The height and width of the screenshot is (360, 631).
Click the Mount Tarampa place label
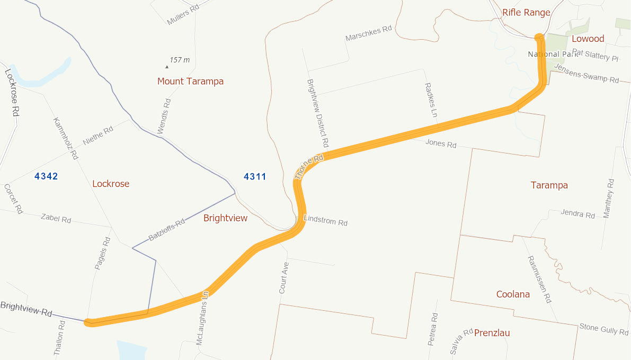190,82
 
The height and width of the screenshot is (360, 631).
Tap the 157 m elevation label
180,60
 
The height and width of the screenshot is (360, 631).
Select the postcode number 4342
46,176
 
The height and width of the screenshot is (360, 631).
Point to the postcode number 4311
255,177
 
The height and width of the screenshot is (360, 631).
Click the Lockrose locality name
111,184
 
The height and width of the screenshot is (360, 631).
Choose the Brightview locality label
225,218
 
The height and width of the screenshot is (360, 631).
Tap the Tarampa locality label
549,185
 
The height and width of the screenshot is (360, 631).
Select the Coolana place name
513,294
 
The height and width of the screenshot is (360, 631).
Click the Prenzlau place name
492,333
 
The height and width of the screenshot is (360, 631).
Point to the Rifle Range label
526,13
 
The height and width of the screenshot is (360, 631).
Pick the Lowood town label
588,39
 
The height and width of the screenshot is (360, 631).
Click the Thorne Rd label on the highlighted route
309,166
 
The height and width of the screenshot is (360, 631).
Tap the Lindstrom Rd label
325,221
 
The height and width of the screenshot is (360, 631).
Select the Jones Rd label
441,144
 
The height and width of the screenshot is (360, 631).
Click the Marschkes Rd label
368,34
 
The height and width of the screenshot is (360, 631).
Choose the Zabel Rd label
56,219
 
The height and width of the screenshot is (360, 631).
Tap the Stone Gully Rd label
603,329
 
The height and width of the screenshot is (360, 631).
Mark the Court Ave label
284,278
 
